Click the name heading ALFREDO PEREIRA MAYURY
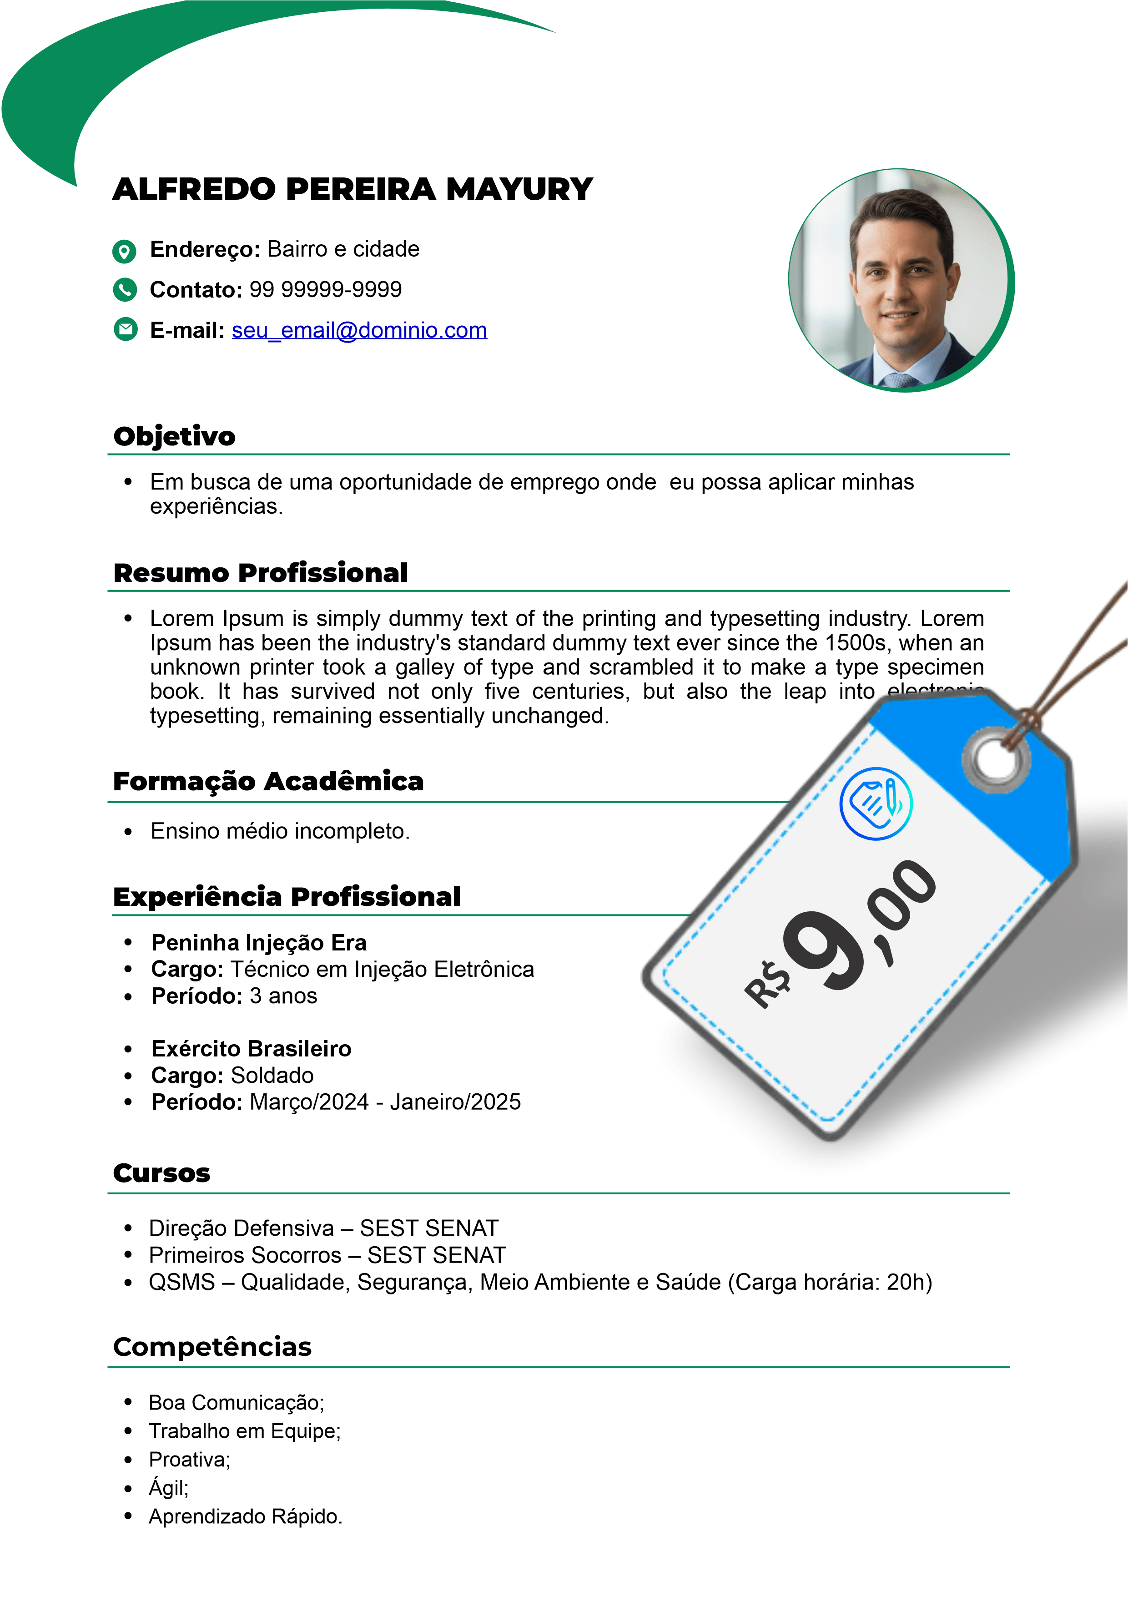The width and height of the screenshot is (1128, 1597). point(352,189)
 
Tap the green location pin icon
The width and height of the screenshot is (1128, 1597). point(125,251)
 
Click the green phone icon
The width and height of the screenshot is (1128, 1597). point(125,289)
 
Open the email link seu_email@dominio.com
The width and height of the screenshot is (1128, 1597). point(359,330)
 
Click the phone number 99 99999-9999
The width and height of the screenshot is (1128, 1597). point(326,289)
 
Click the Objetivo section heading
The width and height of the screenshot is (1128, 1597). point(175,437)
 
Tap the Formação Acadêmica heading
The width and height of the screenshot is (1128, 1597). point(268,782)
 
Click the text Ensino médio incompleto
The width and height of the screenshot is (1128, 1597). point(280,831)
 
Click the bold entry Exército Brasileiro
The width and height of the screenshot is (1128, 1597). point(251,1049)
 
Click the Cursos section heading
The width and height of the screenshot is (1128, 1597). point(161,1173)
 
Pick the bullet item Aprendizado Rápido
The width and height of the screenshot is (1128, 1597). point(246,1517)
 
